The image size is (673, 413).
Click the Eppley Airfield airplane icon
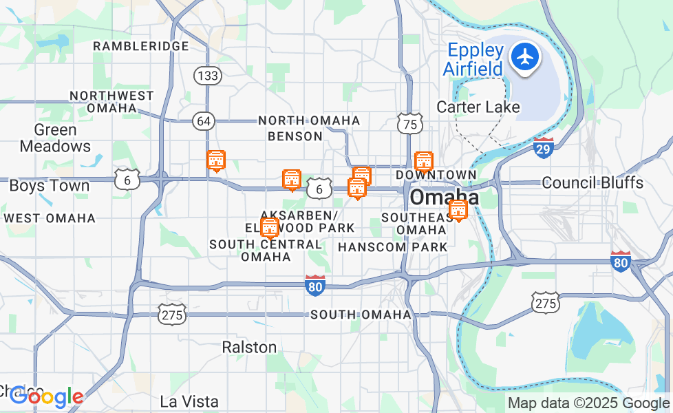(x=526, y=56)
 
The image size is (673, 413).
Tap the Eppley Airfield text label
(x=476, y=59)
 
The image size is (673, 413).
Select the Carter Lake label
(x=478, y=107)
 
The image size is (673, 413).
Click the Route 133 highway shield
(x=207, y=75)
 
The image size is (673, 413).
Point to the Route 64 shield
(x=204, y=121)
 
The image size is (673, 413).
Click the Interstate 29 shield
(x=544, y=147)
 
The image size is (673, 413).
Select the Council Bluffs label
(x=592, y=182)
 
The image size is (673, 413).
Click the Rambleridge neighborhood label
(x=140, y=46)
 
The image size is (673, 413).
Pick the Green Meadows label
(x=55, y=138)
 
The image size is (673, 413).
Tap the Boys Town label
(x=49, y=186)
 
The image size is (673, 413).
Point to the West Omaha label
(x=50, y=218)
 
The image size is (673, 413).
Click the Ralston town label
(x=249, y=347)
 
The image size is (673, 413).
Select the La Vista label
(x=189, y=401)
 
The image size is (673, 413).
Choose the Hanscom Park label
(x=393, y=246)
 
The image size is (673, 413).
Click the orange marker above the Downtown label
(x=424, y=161)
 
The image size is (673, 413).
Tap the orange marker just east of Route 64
(x=216, y=160)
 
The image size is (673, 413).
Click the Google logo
(x=47, y=397)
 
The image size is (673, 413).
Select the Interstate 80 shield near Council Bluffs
(x=620, y=262)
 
